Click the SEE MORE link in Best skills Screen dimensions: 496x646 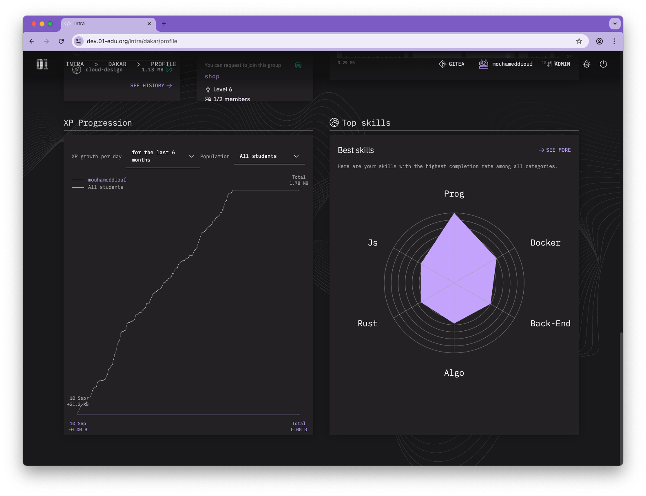click(x=555, y=150)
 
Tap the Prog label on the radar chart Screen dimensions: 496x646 click(x=454, y=194)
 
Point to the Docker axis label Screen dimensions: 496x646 click(x=545, y=243)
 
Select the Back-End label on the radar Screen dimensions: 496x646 click(x=550, y=323)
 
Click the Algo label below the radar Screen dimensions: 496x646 click(x=454, y=373)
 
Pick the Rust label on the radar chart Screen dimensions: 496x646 click(x=367, y=323)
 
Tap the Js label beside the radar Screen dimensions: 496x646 click(x=373, y=243)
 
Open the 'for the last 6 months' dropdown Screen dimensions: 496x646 click(x=163, y=156)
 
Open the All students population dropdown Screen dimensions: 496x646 click(x=269, y=156)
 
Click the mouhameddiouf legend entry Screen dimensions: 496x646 click(x=107, y=180)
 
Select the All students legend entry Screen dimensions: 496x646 click(x=106, y=187)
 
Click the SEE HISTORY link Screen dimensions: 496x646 click(x=151, y=86)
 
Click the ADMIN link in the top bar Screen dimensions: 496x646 click(x=562, y=64)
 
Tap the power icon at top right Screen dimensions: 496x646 click(x=603, y=64)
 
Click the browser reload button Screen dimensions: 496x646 click(x=61, y=41)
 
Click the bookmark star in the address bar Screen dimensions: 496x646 click(x=579, y=41)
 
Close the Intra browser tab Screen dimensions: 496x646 click(x=149, y=24)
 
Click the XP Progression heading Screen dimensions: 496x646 click(x=98, y=123)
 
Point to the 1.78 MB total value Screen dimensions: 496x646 click(x=299, y=183)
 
